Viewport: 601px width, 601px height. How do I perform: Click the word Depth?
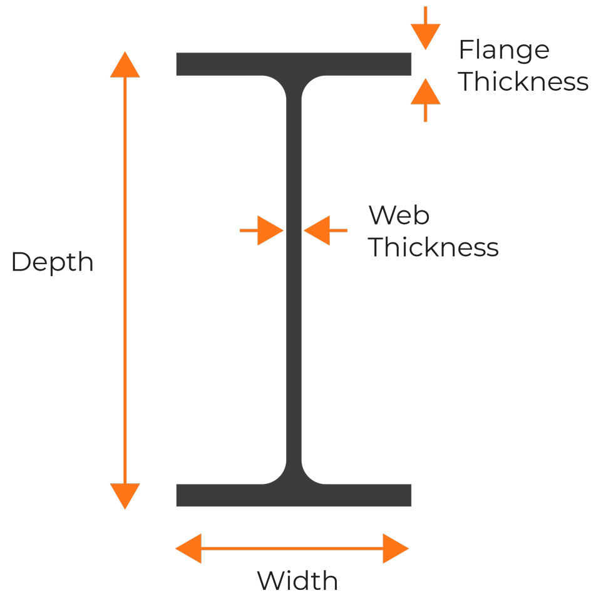pos(53,262)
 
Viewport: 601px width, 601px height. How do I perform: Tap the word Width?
pos(298,581)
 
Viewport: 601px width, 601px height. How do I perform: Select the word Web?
pos(399,216)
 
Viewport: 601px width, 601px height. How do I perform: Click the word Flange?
pos(504,50)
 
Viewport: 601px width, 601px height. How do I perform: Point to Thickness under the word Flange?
pos(523,82)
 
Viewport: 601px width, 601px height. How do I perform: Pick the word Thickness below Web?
pos(433,247)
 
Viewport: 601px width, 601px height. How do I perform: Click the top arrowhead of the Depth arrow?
pos(125,65)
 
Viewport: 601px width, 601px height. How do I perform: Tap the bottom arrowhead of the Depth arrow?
pos(125,496)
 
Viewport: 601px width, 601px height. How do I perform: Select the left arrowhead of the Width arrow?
pos(188,548)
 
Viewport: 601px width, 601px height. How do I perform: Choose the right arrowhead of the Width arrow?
pos(396,548)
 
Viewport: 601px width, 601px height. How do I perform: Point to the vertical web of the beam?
pos(294,282)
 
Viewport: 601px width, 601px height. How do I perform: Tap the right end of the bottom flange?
pos(405,495)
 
